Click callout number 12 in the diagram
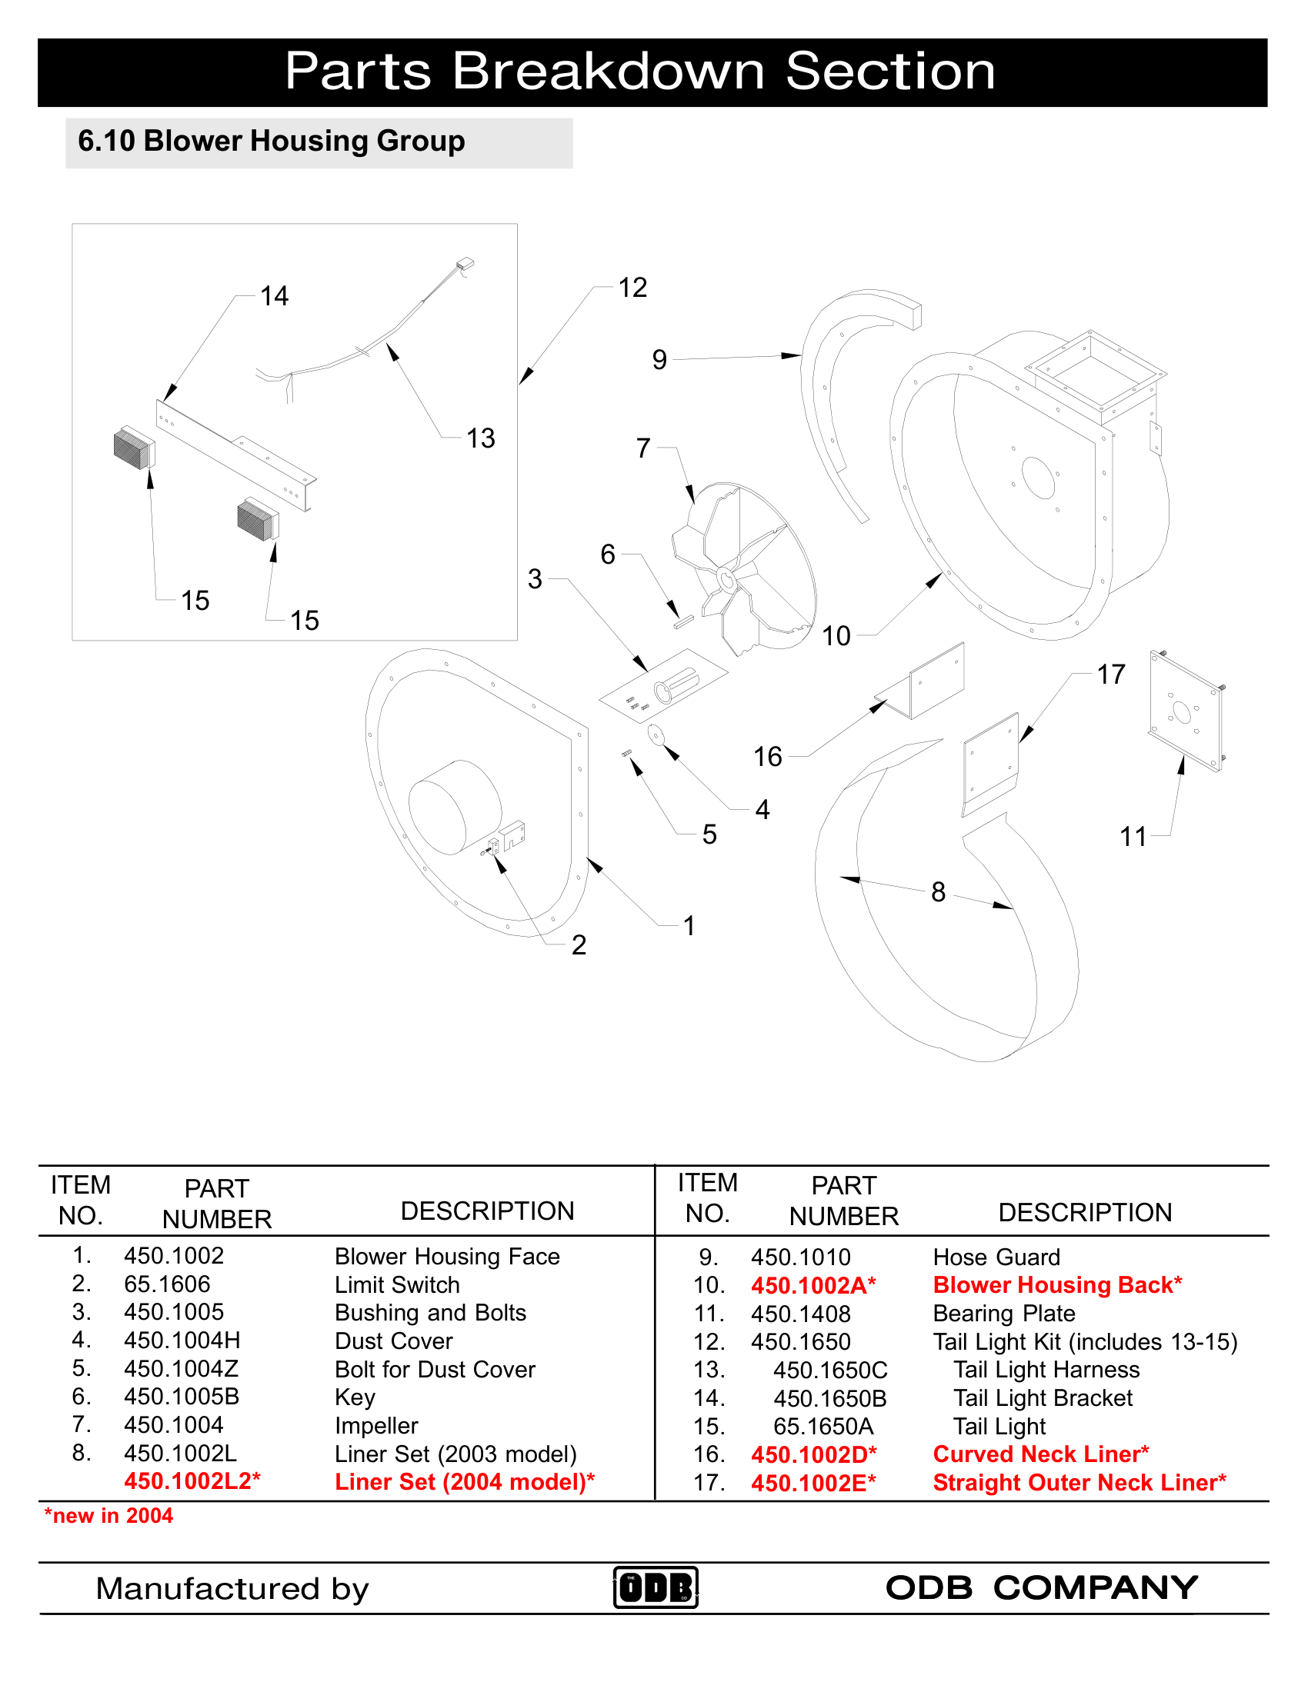tap(632, 288)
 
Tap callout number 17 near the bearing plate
tap(1110, 674)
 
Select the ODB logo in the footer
tap(656, 1587)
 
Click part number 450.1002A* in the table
tap(812, 1285)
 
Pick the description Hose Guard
tap(996, 1257)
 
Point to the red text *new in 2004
tap(108, 1515)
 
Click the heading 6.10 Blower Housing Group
tap(271, 141)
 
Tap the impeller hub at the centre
tap(726, 578)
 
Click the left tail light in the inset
tap(134, 448)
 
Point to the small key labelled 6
tap(682, 621)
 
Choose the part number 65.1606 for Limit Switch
tap(167, 1284)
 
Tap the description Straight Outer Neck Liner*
tap(1079, 1482)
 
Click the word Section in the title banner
tap(889, 72)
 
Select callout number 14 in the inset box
tap(274, 296)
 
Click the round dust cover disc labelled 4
tap(656, 734)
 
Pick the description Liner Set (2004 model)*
tap(464, 1481)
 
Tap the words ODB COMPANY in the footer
tap(1042, 1587)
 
